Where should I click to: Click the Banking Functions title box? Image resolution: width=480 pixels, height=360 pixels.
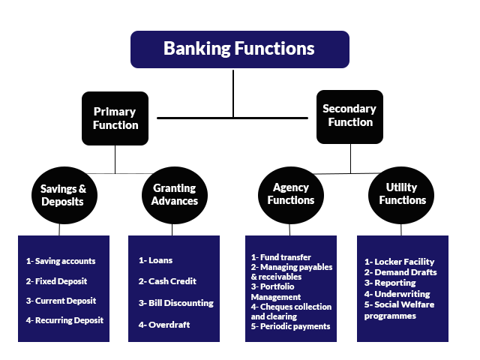click(x=240, y=49)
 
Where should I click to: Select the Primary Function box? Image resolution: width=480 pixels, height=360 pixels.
click(x=115, y=118)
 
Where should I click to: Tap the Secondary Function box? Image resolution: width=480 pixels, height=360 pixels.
click(x=349, y=117)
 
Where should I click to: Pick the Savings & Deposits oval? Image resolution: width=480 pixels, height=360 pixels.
click(x=64, y=195)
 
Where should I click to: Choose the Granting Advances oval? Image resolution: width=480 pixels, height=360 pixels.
click(x=175, y=195)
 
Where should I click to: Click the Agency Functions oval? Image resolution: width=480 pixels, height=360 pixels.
click(x=291, y=195)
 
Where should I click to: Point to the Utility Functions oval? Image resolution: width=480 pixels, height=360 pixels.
click(x=401, y=195)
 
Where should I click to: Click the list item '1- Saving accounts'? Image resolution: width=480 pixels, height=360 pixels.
click(x=61, y=261)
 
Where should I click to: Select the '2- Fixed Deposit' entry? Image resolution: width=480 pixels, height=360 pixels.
click(x=57, y=281)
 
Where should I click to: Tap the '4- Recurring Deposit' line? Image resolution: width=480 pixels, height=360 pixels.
click(x=64, y=320)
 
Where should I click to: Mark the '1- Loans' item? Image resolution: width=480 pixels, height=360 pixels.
click(x=155, y=260)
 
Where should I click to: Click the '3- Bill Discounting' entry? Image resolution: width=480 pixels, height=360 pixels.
click(x=176, y=303)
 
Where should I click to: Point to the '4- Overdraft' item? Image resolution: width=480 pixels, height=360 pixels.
click(x=164, y=325)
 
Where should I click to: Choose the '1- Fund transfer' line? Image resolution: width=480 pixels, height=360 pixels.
click(x=281, y=257)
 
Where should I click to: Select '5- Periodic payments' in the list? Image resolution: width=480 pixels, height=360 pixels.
click(x=290, y=326)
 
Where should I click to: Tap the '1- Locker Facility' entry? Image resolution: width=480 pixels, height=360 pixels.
click(x=400, y=262)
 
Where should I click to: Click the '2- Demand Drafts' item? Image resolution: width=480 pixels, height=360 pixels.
click(x=400, y=272)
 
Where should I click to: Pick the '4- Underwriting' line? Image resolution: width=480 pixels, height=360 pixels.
click(x=397, y=294)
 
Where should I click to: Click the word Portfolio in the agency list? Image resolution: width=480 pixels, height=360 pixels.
click(x=277, y=286)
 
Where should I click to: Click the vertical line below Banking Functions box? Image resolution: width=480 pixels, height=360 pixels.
click(x=233, y=94)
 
